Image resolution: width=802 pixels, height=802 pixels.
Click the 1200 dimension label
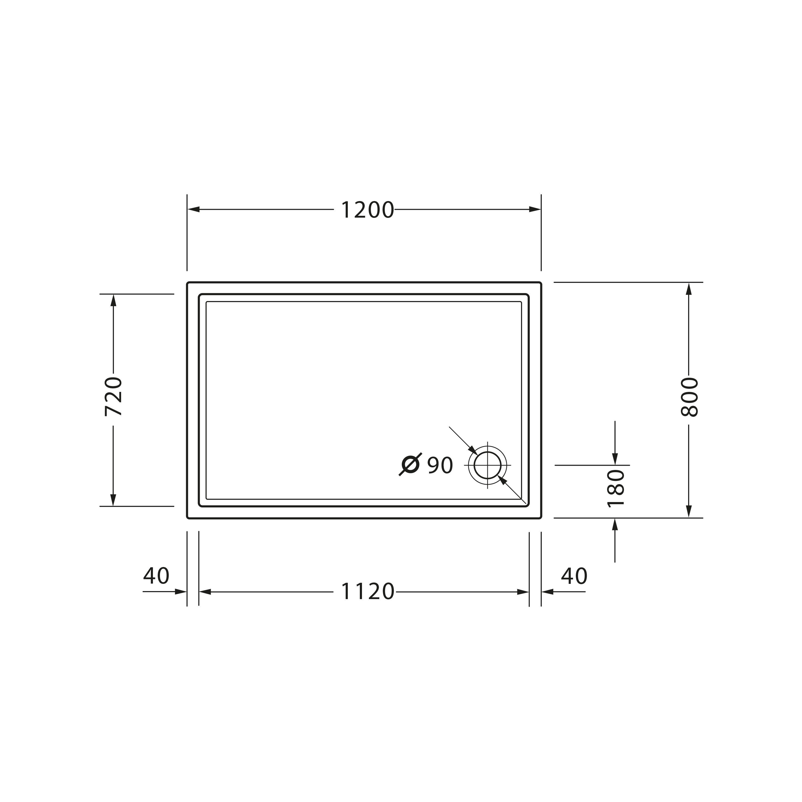367,210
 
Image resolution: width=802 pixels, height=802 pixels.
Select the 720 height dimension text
113,396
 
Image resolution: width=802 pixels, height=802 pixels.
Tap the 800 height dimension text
689,397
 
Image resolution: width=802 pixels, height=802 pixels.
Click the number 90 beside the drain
440,465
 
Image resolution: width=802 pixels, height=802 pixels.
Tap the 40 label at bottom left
156,576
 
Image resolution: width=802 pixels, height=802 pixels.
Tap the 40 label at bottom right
574,576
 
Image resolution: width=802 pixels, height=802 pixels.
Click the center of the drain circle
488,465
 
